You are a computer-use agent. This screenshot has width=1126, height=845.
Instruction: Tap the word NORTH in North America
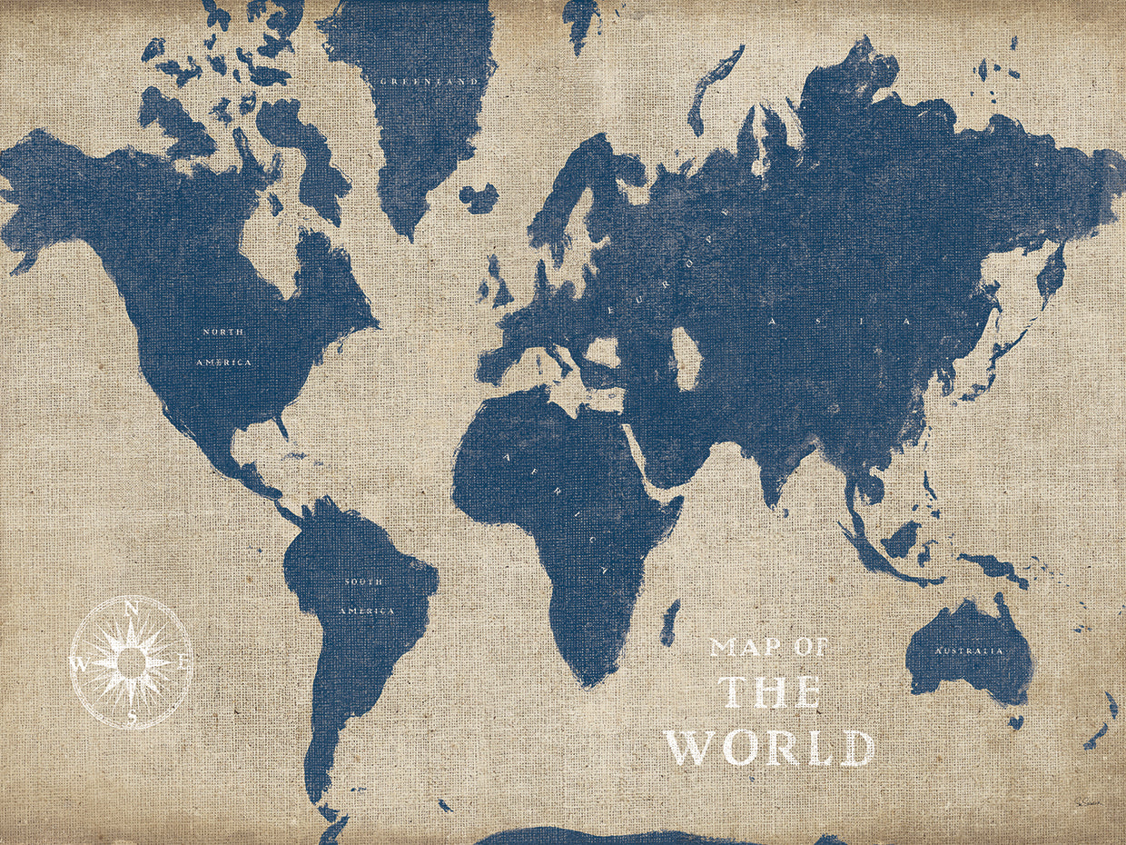[x=222, y=333]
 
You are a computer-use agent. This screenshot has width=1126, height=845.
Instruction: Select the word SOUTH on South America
[x=363, y=581]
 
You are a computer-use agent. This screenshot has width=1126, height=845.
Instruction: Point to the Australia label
[x=969, y=651]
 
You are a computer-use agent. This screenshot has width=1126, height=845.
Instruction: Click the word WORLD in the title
[x=770, y=747]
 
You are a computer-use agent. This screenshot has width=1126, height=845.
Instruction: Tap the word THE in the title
[x=770, y=692]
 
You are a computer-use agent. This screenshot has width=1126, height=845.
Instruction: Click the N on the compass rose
[x=132, y=608]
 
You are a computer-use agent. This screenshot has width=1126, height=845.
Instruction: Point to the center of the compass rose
[x=132, y=661]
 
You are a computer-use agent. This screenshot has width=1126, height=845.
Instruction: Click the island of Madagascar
[x=669, y=623]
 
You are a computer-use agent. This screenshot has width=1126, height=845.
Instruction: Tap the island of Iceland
[x=479, y=197]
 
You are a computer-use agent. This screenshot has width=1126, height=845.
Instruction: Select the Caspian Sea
[x=686, y=357]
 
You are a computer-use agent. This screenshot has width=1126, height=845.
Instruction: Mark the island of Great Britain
[x=499, y=283]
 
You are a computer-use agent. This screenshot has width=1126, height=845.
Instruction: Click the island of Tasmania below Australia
[x=1015, y=721]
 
